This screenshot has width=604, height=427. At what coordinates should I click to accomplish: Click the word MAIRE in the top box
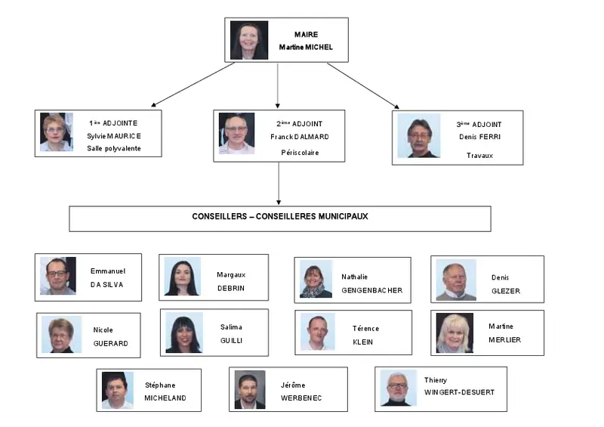pos(307,35)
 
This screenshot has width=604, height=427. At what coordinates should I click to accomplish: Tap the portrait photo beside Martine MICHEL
pos(249,40)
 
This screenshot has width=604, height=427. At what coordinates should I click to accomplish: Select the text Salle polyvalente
pos(114,148)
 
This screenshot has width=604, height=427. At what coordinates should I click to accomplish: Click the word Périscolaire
pos(300,153)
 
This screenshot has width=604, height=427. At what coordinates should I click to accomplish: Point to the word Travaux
pos(480,156)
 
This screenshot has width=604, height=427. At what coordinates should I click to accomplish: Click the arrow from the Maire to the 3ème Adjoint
pos(363,85)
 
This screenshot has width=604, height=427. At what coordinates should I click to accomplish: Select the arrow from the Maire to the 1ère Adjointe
pos(193,85)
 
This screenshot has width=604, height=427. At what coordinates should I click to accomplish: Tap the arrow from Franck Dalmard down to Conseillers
pos(279,183)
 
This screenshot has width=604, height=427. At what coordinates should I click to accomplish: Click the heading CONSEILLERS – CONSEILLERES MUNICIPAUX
pos(280,216)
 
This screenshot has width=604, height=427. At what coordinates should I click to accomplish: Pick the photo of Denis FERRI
pos(419,135)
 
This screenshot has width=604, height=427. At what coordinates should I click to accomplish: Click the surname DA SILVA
pos(106,285)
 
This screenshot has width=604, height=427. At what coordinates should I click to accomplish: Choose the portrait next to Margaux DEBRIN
pos(183,276)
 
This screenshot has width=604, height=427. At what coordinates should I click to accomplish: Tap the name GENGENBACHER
pos(372,290)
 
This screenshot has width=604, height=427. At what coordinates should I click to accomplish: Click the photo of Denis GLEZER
pos(456,280)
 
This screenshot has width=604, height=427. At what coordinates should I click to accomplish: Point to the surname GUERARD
pos(110,343)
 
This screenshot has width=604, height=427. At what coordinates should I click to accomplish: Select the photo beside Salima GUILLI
pos(184,333)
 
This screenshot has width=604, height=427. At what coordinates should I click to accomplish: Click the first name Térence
pos(366,329)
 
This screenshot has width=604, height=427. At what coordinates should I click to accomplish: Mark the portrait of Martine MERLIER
pos(455,333)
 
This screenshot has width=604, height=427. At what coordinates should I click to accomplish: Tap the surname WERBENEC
pos(301,398)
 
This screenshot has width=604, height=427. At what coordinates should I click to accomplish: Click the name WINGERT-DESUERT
pos(459,392)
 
